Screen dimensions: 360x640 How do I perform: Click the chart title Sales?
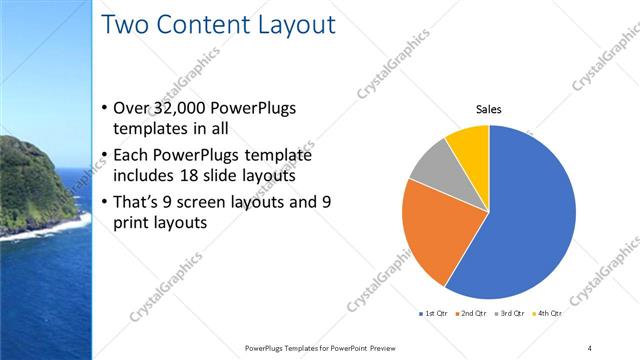[488, 109]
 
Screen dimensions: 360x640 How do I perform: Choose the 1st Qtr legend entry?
[434, 313]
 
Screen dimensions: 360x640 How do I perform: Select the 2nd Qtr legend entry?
[472, 313]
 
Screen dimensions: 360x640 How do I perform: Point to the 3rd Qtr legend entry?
[510, 313]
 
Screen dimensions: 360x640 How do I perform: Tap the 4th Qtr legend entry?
[547, 313]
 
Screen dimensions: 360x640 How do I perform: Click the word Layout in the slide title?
[288, 25]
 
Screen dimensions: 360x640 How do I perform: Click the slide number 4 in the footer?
[590, 348]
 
